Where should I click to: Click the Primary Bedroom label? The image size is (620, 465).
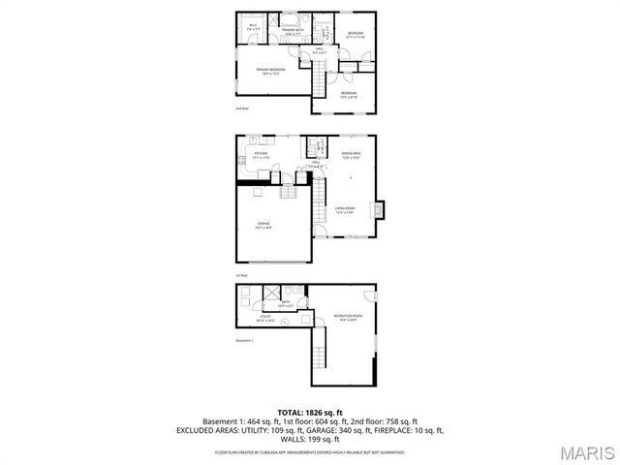click(x=270, y=71)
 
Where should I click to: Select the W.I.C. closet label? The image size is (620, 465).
click(x=252, y=26)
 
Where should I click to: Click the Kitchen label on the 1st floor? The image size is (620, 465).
click(x=261, y=155)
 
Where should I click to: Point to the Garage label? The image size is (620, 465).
click(x=263, y=226)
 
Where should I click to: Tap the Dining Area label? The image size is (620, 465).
click(x=351, y=154)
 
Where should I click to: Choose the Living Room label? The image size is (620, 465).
click(x=345, y=210)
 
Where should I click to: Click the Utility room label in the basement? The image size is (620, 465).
click(x=265, y=317)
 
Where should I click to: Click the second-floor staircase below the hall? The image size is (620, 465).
click(x=320, y=77)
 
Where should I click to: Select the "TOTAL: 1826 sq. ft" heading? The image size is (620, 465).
click(x=309, y=412)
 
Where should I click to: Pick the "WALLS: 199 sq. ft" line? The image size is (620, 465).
click(x=309, y=439)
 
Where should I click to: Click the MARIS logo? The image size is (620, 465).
click(x=586, y=452)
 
